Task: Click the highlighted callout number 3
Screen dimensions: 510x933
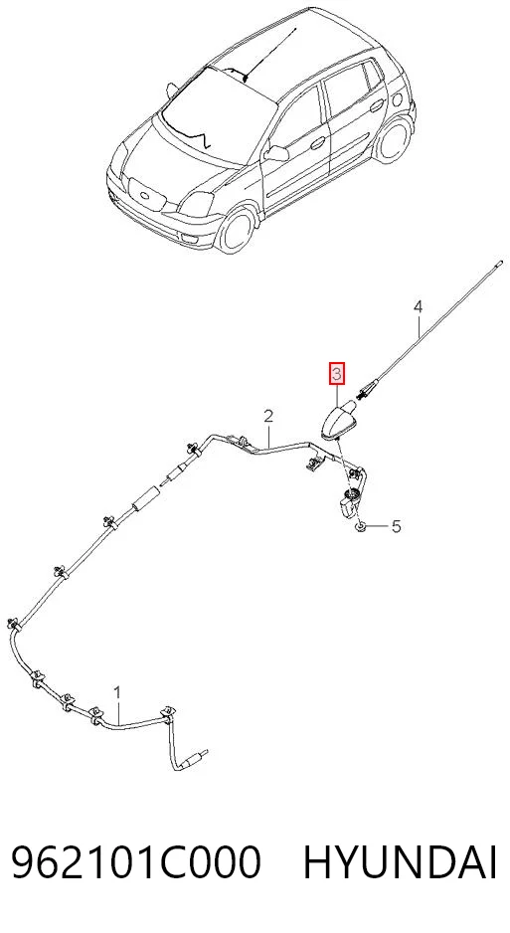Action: pos(337,374)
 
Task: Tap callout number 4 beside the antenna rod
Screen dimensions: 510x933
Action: pos(418,307)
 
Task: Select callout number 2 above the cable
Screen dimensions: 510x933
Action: pos(268,416)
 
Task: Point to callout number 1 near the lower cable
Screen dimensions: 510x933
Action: pos(117,692)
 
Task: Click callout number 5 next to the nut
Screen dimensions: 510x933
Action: pos(396,526)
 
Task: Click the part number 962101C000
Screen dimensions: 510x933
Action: pos(136,862)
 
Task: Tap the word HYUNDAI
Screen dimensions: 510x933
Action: pos(400,862)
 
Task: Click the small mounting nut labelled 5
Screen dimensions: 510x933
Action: pos(360,527)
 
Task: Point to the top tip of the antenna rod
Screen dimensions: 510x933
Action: pos(500,262)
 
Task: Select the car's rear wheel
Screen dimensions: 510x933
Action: pos(395,139)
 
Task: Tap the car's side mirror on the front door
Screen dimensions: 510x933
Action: pos(275,153)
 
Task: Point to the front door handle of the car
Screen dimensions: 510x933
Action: pos(317,143)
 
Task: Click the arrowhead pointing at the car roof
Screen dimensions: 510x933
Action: pos(246,77)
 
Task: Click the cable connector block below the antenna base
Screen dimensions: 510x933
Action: pos(348,503)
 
